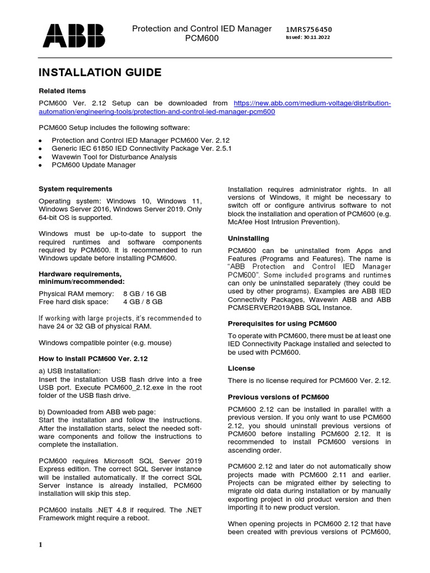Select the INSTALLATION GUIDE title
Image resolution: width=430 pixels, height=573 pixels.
coord(100,72)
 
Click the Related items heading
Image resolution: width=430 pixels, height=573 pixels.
coord(62,91)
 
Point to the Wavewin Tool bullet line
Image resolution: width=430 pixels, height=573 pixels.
coord(114,157)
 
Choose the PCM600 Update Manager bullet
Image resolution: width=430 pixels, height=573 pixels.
coord(94,165)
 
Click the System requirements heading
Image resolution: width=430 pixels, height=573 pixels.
coord(75,189)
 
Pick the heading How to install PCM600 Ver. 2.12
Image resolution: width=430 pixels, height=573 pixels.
coord(92,358)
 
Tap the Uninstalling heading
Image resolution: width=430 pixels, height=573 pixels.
coord(248,238)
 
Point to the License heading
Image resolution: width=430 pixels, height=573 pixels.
coord(241,368)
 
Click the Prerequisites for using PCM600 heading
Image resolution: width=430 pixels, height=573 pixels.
coord(282,323)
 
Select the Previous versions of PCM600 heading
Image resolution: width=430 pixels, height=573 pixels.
coord(278,397)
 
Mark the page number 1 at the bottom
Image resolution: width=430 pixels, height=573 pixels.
coord(41,546)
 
